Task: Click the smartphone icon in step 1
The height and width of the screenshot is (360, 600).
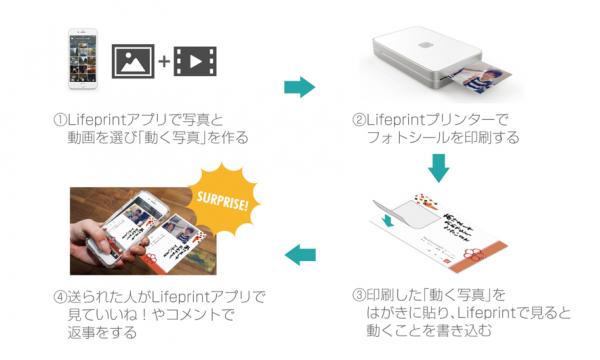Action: (83, 59)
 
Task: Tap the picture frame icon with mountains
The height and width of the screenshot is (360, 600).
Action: (133, 61)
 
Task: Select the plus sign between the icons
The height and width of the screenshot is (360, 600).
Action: (164, 61)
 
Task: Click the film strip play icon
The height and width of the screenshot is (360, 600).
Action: (195, 61)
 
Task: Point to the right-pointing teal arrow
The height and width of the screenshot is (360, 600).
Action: (299, 87)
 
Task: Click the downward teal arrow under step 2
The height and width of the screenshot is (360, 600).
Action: (438, 168)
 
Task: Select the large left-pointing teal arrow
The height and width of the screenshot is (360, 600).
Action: (300, 254)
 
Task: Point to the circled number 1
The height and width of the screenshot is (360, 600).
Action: (60, 120)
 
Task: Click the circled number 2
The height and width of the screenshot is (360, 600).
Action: (359, 120)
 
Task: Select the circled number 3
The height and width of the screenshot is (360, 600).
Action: (359, 295)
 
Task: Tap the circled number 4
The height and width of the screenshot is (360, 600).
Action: (60, 297)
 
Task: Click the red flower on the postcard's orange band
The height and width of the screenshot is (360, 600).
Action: (474, 254)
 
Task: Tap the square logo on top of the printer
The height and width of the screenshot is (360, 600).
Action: (425, 45)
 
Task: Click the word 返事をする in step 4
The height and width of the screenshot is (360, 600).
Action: (102, 332)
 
